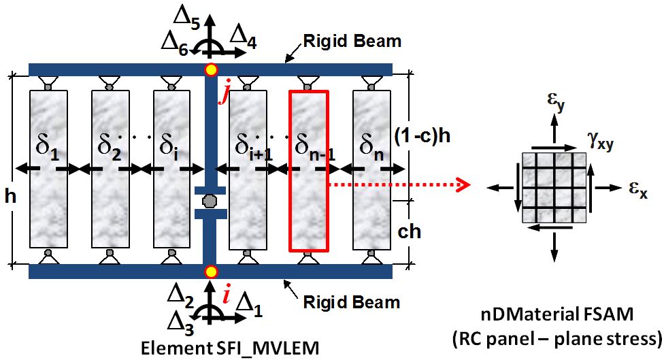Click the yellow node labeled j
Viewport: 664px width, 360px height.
[x=210, y=69]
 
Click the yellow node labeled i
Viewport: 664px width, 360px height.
[x=210, y=272]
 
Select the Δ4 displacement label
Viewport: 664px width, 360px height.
[x=244, y=39]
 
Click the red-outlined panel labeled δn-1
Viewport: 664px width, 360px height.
[x=308, y=171]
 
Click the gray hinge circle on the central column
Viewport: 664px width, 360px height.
[x=208, y=201]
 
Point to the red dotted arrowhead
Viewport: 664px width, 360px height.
[x=465, y=184]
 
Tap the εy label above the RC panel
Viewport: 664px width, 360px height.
[x=556, y=101]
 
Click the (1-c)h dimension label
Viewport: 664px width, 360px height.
[x=422, y=136]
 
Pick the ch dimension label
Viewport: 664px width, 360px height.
[x=409, y=231]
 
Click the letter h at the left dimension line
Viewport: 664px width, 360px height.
[x=10, y=196]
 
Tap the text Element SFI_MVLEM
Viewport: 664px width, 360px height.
[x=230, y=348]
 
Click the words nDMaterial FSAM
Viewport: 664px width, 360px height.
[x=557, y=314]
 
